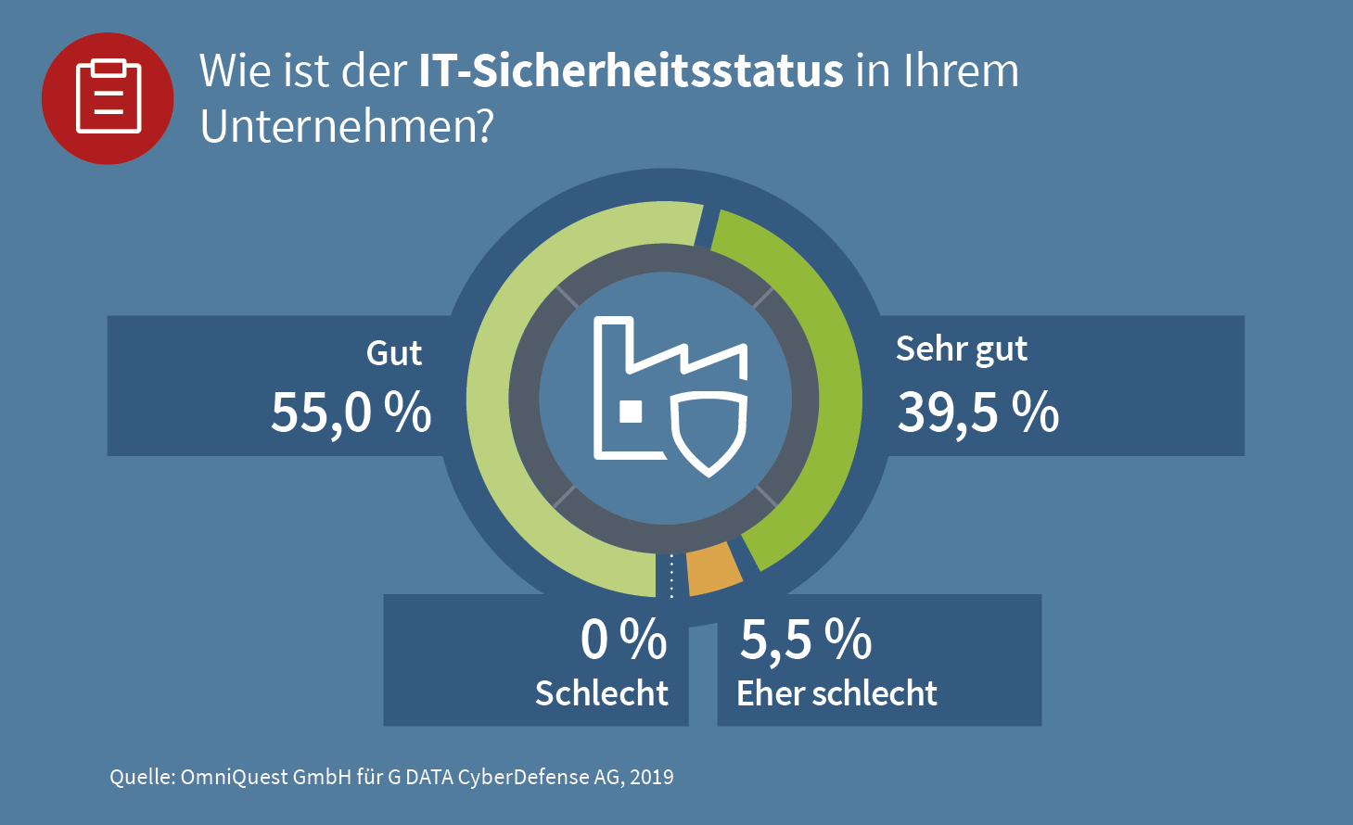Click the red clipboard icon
pyautogui.click(x=108, y=98)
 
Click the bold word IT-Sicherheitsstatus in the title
pyautogui.click(x=631, y=71)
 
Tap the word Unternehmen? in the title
pyautogui.click(x=347, y=127)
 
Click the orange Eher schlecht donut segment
pyautogui.click(x=714, y=569)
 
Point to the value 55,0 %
pyautogui.click(x=351, y=413)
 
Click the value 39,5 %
pyautogui.click(x=978, y=413)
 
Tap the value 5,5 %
pyautogui.click(x=806, y=640)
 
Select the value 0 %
pyautogui.click(x=623, y=640)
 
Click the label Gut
pyautogui.click(x=394, y=353)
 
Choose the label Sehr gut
pyautogui.click(x=962, y=350)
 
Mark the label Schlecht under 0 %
pyautogui.click(x=602, y=692)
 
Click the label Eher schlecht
pyautogui.click(x=836, y=692)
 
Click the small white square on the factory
pyautogui.click(x=632, y=412)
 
